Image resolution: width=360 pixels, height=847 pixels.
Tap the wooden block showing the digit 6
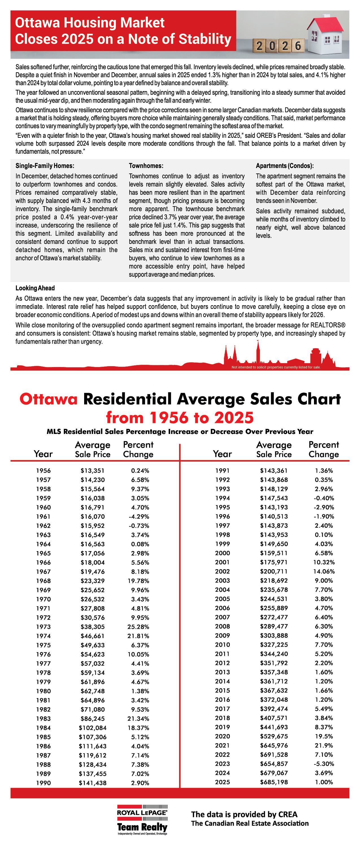(x=298, y=46)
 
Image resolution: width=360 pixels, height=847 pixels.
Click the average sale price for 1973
(x=92, y=627)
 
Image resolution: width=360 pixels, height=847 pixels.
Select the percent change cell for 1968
(x=138, y=581)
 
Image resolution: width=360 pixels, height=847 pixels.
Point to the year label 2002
(x=222, y=571)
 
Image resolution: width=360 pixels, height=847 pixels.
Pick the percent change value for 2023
(x=324, y=763)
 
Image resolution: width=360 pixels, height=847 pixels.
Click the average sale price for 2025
(x=274, y=782)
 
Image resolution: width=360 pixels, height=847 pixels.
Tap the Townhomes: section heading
(x=146, y=166)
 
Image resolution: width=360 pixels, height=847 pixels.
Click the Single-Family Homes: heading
(x=45, y=166)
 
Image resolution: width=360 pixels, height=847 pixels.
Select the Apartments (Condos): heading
(x=285, y=166)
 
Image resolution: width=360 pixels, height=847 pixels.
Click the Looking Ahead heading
(x=35, y=288)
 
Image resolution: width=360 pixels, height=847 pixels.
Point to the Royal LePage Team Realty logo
(x=142, y=820)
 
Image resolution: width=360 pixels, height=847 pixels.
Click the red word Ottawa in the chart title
(x=49, y=399)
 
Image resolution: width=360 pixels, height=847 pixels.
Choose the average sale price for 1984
(x=92, y=728)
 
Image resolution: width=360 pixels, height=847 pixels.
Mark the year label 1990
(x=43, y=783)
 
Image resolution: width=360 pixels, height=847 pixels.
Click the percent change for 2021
(x=324, y=745)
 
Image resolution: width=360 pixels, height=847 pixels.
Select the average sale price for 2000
(x=274, y=553)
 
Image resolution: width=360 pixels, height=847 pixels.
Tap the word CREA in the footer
(x=288, y=814)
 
